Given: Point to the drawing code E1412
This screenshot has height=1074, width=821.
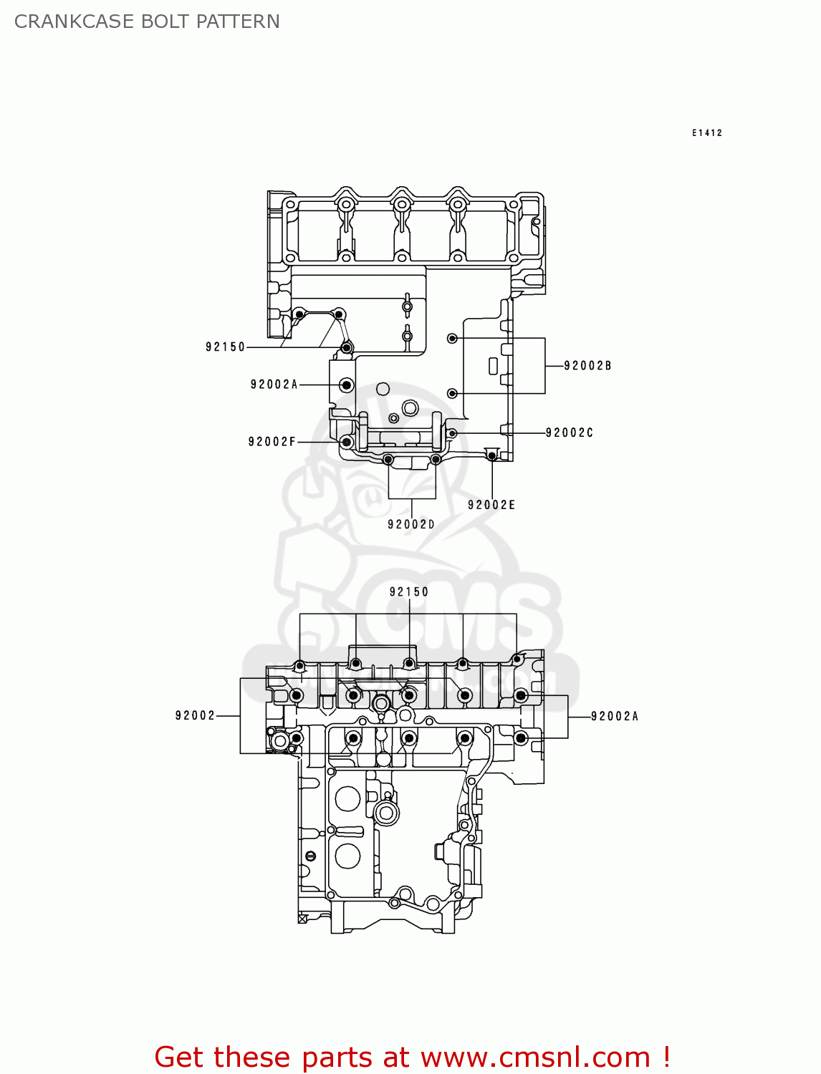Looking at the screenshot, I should click(707, 133).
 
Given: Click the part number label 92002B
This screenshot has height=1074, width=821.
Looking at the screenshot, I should click(587, 366).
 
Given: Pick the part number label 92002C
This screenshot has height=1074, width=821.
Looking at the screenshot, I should click(570, 432).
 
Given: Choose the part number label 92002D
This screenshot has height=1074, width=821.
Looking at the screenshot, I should click(411, 524).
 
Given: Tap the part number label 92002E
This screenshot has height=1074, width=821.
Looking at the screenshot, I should click(491, 505).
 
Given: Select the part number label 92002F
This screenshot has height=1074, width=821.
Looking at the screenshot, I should click(272, 442).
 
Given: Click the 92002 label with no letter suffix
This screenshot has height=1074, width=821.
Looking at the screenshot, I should click(195, 715).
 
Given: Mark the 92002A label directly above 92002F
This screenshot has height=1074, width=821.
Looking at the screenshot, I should click(274, 384).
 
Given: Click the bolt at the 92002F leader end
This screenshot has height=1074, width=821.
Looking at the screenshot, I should click(347, 442).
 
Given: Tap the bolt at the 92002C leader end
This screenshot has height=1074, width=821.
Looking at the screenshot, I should click(452, 433).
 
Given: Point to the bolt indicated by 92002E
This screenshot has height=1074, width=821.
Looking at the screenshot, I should click(491, 455).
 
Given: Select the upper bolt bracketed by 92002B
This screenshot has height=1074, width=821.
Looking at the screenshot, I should click(452, 338).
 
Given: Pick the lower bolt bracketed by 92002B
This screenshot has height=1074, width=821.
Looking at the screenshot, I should click(452, 393).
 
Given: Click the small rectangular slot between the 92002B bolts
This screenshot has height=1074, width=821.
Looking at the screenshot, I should click(493, 366).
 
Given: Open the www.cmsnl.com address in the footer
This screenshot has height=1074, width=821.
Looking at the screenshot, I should click(535, 1057).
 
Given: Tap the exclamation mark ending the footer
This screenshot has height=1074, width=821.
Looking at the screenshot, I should click(666, 1057).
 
